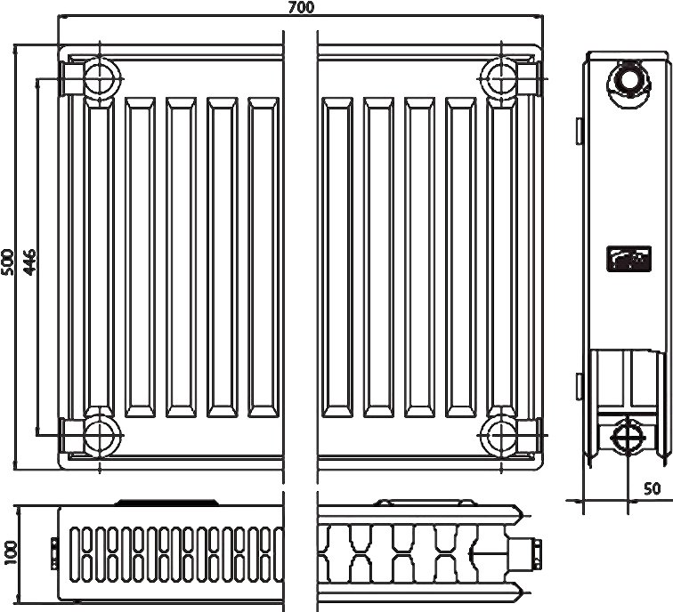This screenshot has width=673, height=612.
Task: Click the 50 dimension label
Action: click(x=652, y=488)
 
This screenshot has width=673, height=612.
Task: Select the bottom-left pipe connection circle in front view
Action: click(x=98, y=435)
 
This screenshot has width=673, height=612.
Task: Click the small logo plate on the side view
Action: click(x=624, y=259)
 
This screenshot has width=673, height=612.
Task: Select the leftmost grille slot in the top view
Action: click(x=76, y=553)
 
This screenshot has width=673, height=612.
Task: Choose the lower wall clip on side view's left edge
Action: click(x=580, y=386)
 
